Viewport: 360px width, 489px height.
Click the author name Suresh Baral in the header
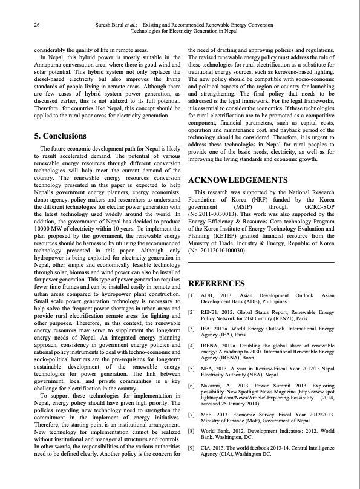point(114,25)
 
